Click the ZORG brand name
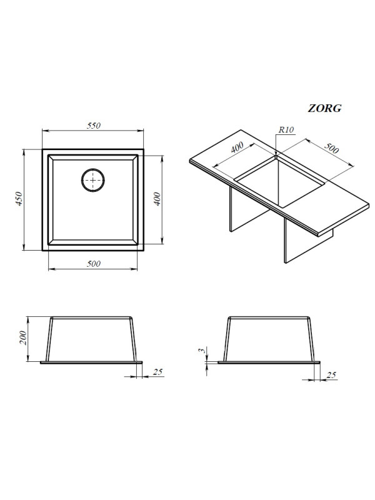[x=324, y=108]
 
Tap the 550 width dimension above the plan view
[x=93, y=126]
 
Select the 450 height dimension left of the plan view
[x=19, y=199]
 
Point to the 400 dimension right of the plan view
[x=157, y=199]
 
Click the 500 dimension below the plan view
[x=93, y=264]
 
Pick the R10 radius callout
[x=286, y=130]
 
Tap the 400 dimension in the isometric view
[x=237, y=147]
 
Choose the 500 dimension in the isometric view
[x=331, y=148]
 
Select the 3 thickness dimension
[x=201, y=350]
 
